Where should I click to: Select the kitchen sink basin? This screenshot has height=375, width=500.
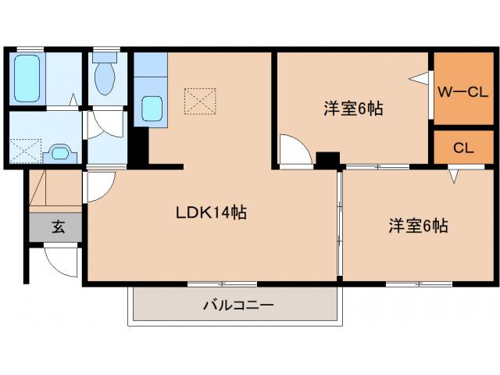point(152,107)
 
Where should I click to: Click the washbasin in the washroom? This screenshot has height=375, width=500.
point(59,152)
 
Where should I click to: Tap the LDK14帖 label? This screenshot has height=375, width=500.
point(211,212)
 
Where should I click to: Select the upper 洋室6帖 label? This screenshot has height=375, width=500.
point(353,109)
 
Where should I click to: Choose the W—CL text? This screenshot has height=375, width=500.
point(462,91)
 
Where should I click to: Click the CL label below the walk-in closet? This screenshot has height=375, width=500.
point(462,148)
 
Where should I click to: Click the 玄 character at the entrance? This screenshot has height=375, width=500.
point(58,227)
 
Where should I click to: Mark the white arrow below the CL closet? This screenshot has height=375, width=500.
point(453,177)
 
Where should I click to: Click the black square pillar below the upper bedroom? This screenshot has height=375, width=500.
point(327,159)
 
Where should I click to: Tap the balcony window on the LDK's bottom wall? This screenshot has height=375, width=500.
point(222,283)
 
